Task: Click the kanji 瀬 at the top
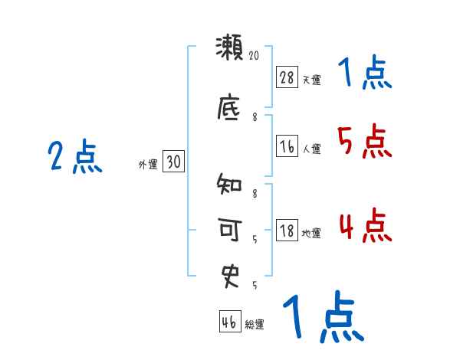229,48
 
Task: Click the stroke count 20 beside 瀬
255,55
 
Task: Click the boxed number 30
174,162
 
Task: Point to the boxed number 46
229,322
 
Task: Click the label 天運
311,80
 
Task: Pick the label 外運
147,164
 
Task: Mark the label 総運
255,325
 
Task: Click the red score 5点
365,142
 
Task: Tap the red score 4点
365,226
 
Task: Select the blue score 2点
75,158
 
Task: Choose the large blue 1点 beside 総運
322,316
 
